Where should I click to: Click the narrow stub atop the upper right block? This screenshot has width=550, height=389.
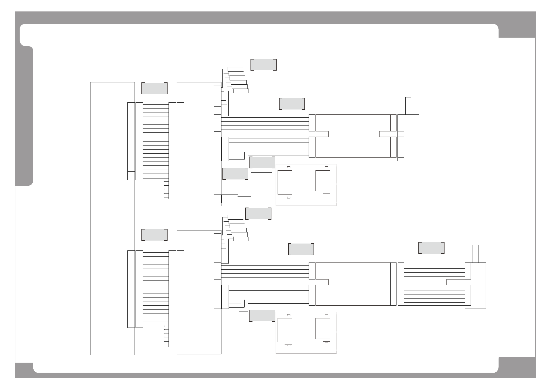coord(408,106)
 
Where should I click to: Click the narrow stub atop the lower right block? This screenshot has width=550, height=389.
coord(476,254)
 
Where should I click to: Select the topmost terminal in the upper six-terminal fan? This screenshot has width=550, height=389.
coord(235,69)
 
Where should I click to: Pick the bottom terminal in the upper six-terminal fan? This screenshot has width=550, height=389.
coord(241,91)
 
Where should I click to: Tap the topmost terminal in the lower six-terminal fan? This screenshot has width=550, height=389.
coord(235,217)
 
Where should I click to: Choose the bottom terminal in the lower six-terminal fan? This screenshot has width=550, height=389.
coord(241,239)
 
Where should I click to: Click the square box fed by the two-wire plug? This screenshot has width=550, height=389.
coord(261,189)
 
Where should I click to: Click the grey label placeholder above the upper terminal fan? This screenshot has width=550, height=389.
coord(264,65)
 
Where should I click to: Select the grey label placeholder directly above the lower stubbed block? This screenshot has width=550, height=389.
coord(431,248)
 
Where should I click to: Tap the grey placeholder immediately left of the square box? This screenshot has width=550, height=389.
coord(235,174)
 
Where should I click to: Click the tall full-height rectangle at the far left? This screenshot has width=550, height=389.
coord(112,218)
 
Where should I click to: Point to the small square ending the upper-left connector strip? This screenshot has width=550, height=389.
coord(131,175)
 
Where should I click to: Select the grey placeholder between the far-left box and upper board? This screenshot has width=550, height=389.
coord(154,88)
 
